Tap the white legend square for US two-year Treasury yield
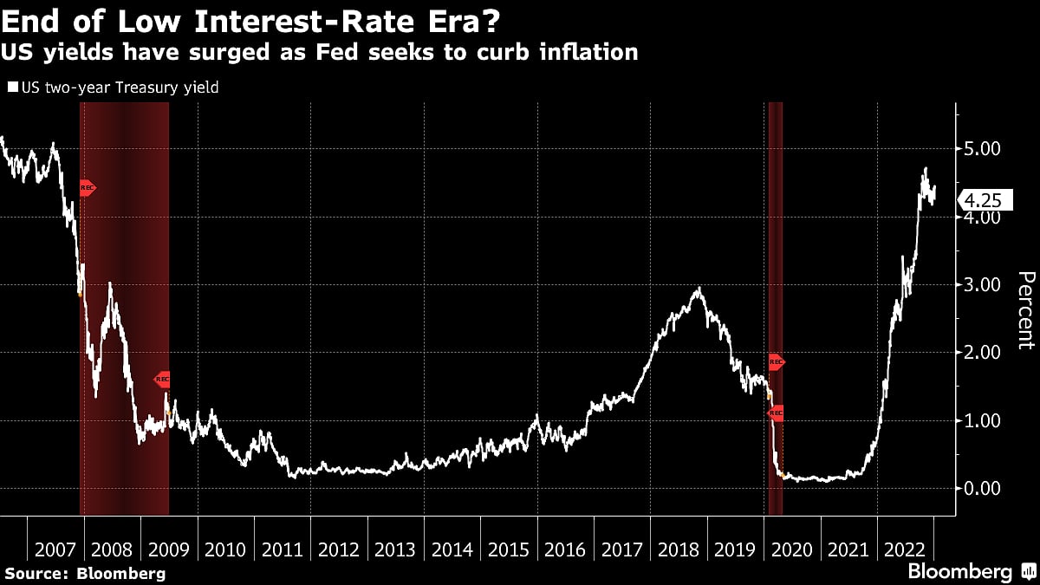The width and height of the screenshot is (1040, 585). [12, 88]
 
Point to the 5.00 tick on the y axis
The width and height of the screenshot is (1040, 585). [983, 149]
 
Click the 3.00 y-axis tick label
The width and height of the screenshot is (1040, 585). [983, 285]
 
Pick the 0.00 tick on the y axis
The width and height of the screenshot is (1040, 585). [983, 489]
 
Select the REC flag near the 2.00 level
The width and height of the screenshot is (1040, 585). [776, 362]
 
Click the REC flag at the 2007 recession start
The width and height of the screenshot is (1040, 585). [86, 187]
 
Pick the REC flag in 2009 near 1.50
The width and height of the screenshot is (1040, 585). [162, 379]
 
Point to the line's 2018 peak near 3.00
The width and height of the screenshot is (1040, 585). [699, 289]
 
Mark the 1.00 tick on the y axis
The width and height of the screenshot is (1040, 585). [983, 421]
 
